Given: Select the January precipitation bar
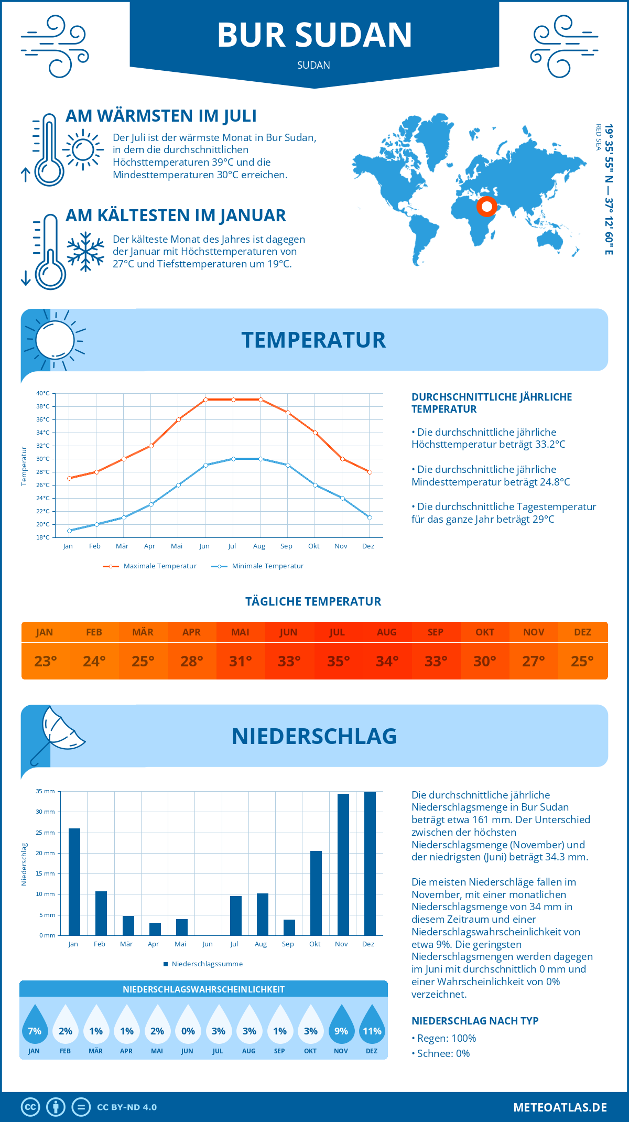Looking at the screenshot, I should point(74,881).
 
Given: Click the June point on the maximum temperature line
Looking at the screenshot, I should point(205,400).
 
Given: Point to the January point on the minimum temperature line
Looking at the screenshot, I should point(69,531).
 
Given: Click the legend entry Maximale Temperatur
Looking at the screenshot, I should point(150,566).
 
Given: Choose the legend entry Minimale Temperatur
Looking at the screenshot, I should point(258,566).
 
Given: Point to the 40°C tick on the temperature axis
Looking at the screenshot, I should point(43,393).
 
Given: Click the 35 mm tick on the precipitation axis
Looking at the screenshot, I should point(45,791).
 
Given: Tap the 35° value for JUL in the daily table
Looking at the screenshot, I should point(338,661).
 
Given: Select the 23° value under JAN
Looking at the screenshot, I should point(45,661).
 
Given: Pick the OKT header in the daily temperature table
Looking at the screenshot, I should point(484,632).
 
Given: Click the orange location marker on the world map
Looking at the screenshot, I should point(486,207).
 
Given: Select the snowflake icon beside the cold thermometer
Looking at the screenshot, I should point(85,251).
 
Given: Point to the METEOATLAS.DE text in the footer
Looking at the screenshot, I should point(560,1107).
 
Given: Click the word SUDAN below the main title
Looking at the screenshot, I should point(313,66).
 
